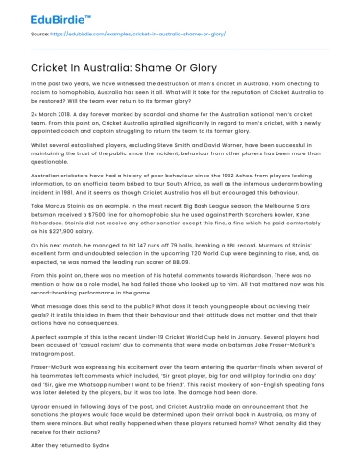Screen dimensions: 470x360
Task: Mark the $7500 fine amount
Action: pyautogui.click(x=93, y=212)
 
